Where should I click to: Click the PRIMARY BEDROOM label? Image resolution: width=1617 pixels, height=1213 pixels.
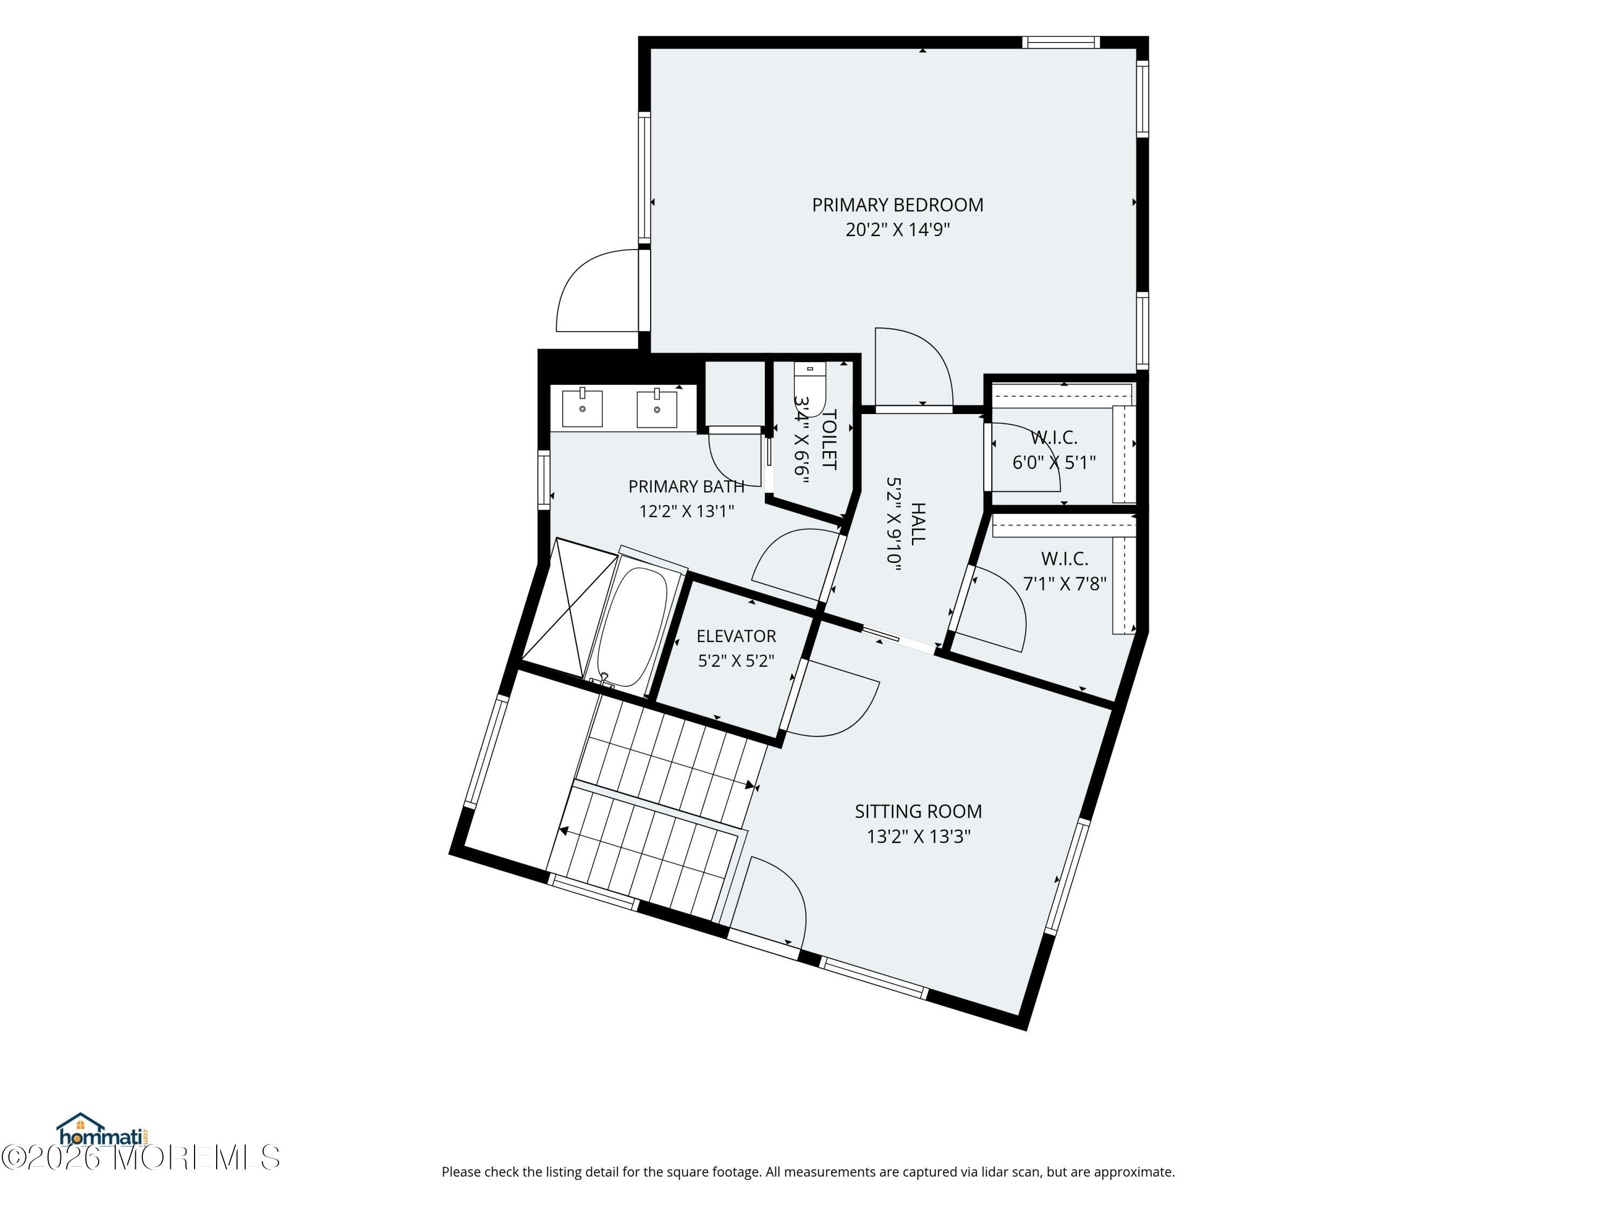coord(897,205)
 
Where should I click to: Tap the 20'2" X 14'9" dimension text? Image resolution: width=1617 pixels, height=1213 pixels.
coord(897,230)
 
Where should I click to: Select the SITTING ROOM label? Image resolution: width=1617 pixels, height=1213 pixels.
coord(918,811)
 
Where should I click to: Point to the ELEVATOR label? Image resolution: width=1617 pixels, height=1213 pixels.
coord(736,636)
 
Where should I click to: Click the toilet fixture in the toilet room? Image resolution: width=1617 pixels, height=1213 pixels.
coord(810,388)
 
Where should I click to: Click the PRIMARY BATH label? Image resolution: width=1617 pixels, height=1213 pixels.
coord(687,486)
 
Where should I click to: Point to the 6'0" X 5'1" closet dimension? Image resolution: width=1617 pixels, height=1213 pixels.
coord(1054,462)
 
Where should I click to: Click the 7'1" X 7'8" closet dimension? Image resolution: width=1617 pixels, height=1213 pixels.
coord(1065,583)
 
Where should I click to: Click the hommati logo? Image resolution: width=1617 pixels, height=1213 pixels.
coord(103,1131)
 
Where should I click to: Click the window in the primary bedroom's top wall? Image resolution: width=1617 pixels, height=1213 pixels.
coord(1060,43)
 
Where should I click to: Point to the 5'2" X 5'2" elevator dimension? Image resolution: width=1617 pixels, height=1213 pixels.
coord(736,661)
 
